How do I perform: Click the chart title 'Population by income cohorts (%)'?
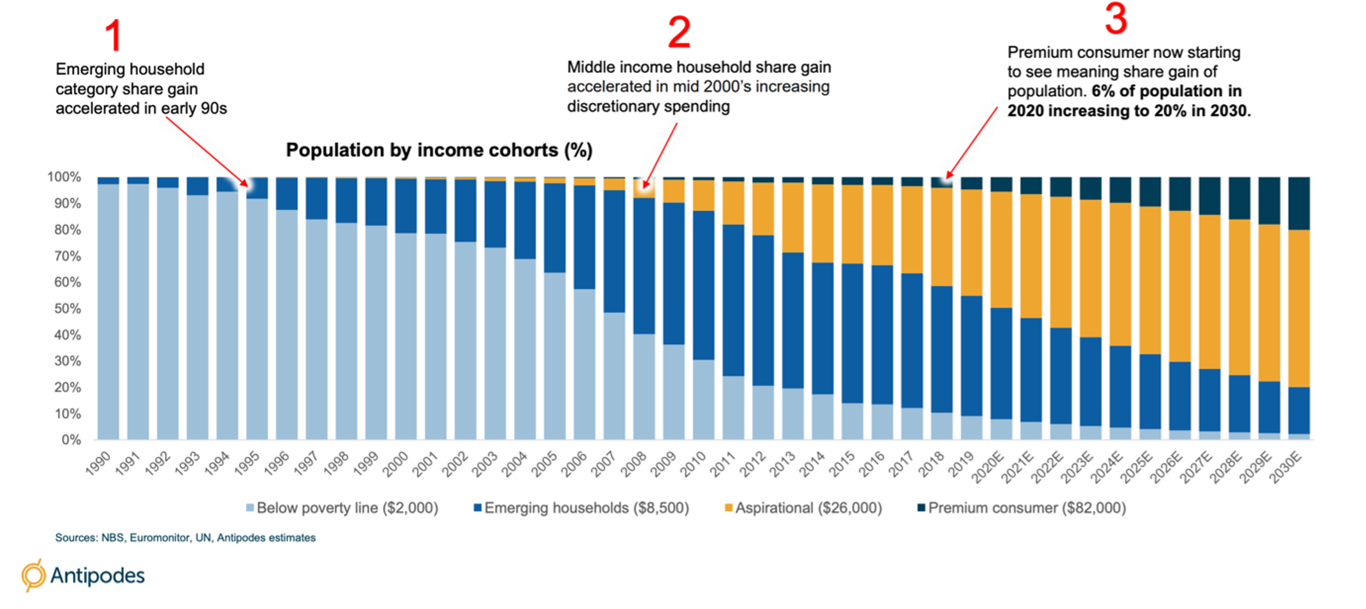point(439,150)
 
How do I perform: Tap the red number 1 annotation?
point(113,35)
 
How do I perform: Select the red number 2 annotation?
point(679,32)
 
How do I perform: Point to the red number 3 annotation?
point(1116,19)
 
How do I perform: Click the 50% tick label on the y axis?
point(67,308)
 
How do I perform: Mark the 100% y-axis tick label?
point(64,177)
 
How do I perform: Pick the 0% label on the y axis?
point(71,440)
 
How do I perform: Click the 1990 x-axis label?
point(99,463)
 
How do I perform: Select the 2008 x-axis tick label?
point(634,464)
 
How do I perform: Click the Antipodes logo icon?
point(33,574)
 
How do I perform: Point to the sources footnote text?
point(185,537)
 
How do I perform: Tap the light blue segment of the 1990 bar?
point(108,312)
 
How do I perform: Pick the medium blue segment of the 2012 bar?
point(763,310)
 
